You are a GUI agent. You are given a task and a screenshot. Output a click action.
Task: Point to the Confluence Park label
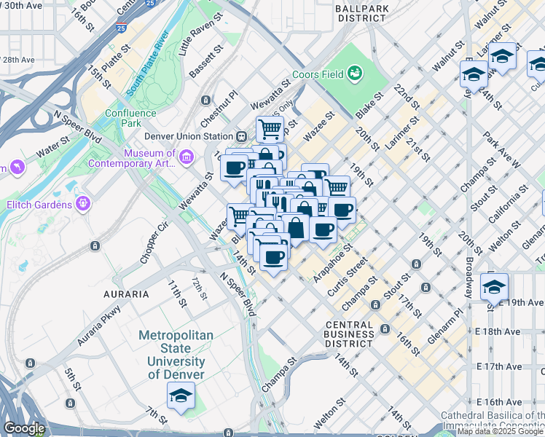[x=130, y=118]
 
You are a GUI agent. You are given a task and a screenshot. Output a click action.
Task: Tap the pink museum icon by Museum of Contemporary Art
[x=186, y=157]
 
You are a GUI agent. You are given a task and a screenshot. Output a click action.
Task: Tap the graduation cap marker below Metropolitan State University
[x=180, y=395]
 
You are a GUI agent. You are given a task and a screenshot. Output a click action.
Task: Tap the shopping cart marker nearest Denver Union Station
[x=270, y=129]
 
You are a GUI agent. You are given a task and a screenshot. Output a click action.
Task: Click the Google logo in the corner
[x=23, y=428]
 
